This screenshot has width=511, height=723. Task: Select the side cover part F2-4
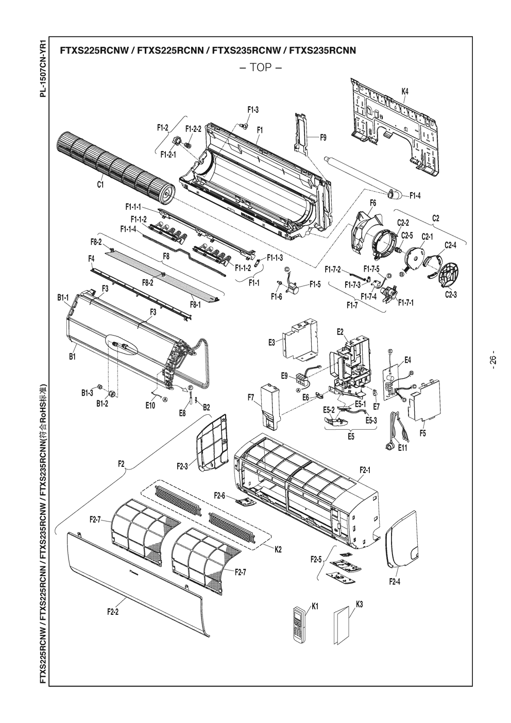tap(402, 539)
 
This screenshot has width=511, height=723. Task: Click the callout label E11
tap(402, 448)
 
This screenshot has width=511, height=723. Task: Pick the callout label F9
tap(323, 137)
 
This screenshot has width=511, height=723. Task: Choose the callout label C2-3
tap(452, 295)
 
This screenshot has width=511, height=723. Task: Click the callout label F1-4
tap(415, 195)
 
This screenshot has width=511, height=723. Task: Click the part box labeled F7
tap(269, 407)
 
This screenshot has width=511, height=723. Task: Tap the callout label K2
tap(277, 549)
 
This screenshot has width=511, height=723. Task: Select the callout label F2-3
tap(182, 467)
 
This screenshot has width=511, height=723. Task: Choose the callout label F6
tap(372, 203)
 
